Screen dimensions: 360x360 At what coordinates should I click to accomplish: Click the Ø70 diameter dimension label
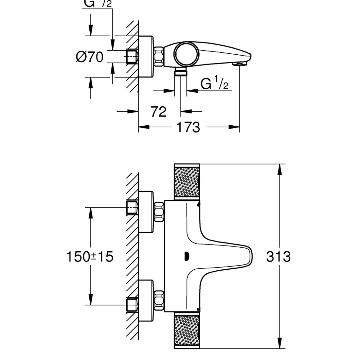click(90, 57)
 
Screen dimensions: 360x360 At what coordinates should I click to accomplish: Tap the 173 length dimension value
click(188, 127)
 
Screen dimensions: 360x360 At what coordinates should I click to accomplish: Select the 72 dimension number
click(159, 111)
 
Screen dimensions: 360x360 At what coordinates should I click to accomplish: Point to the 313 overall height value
click(278, 257)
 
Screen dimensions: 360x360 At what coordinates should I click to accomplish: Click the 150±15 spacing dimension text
click(90, 257)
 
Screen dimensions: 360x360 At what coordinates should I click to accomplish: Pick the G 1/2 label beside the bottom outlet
click(214, 84)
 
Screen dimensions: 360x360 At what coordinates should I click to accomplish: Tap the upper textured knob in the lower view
click(186, 182)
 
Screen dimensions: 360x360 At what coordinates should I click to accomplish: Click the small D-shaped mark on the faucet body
click(186, 257)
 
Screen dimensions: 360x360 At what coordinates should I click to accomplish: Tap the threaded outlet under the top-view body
click(181, 72)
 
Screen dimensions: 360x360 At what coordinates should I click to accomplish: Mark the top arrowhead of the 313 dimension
click(280, 169)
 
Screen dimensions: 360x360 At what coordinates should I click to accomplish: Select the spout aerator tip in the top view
click(239, 64)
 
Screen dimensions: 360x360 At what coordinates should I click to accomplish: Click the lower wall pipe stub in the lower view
click(132, 304)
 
